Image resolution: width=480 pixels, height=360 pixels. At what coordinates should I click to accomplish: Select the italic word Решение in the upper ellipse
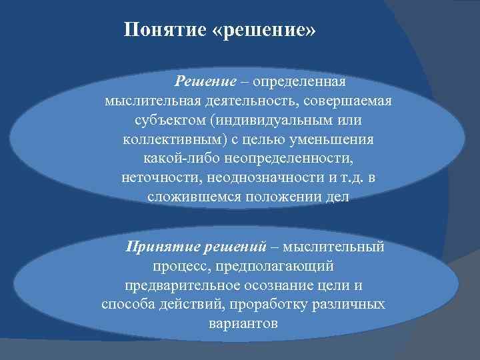click(x=206, y=82)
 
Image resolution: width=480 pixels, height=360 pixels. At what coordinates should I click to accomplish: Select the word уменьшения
click(x=337, y=141)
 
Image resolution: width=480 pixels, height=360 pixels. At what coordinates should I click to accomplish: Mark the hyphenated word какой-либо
click(x=175, y=160)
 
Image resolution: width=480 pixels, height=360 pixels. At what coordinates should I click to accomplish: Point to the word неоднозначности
click(x=257, y=179)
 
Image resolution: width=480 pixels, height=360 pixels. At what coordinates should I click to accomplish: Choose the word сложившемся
click(x=188, y=199)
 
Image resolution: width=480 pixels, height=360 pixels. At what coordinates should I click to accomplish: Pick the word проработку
click(x=270, y=305)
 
